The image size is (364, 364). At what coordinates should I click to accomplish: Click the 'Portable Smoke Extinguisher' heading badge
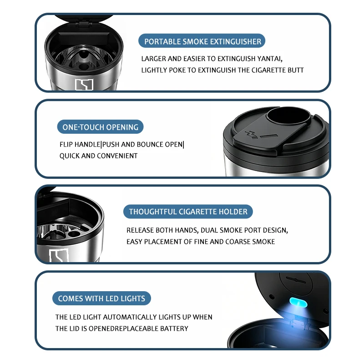(202, 41)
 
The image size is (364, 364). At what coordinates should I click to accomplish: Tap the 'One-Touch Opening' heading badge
(100, 127)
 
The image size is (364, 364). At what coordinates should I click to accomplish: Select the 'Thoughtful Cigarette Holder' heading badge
(188, 212)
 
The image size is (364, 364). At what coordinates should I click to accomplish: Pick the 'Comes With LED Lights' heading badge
(101, 298)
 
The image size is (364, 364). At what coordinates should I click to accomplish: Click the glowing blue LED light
(298, 303)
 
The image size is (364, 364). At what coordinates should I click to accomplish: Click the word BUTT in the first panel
(295, 70)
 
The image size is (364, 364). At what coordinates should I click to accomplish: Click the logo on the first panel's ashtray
(84, 85)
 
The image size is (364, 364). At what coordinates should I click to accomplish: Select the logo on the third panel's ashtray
(59, 255)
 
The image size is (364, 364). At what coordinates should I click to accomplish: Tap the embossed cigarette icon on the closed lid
(261, 135)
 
